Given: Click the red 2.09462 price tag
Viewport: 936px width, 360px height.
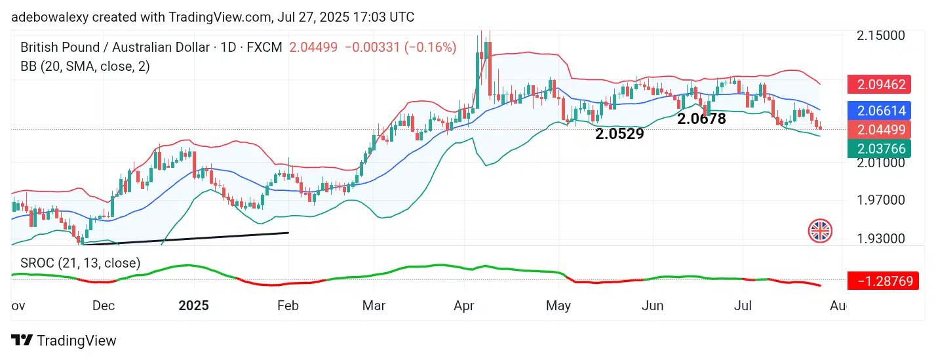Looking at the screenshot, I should [x=880, y=84].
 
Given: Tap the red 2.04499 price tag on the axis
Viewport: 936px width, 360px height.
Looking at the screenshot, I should [x=880, y=129].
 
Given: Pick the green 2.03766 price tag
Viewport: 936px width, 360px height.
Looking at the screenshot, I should [x=880, y=149].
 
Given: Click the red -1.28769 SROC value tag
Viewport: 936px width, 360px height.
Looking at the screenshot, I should [x=883, y=281].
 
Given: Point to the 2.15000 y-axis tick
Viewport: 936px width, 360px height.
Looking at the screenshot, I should [x=882, y=35].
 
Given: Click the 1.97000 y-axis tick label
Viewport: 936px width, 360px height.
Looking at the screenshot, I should [x=882, y=199].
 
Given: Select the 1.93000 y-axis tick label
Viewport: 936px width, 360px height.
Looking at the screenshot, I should [x=882, y=238].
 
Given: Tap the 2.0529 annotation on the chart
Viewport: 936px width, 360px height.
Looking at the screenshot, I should [x=619, y=134].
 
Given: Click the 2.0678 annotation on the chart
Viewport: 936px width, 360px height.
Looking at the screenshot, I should [x=701, y=119].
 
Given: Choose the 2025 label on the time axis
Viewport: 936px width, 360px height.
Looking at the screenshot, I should [x=193, y=306].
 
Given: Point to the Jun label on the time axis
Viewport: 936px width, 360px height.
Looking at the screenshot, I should [x=653, y=306].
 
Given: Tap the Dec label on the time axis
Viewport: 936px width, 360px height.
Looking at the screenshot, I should [x=103, y=306].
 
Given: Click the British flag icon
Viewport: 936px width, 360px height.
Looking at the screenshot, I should [x=820, y=230].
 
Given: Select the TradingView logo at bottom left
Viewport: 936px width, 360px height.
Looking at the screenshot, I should [x=64, y=340].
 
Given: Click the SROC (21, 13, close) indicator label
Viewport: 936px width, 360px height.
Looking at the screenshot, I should [x=80, y=263].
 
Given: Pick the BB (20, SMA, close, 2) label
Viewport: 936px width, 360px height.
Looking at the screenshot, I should [x=85, y=66].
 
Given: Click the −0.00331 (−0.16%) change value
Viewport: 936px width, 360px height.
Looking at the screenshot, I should [x=400, y=47].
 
